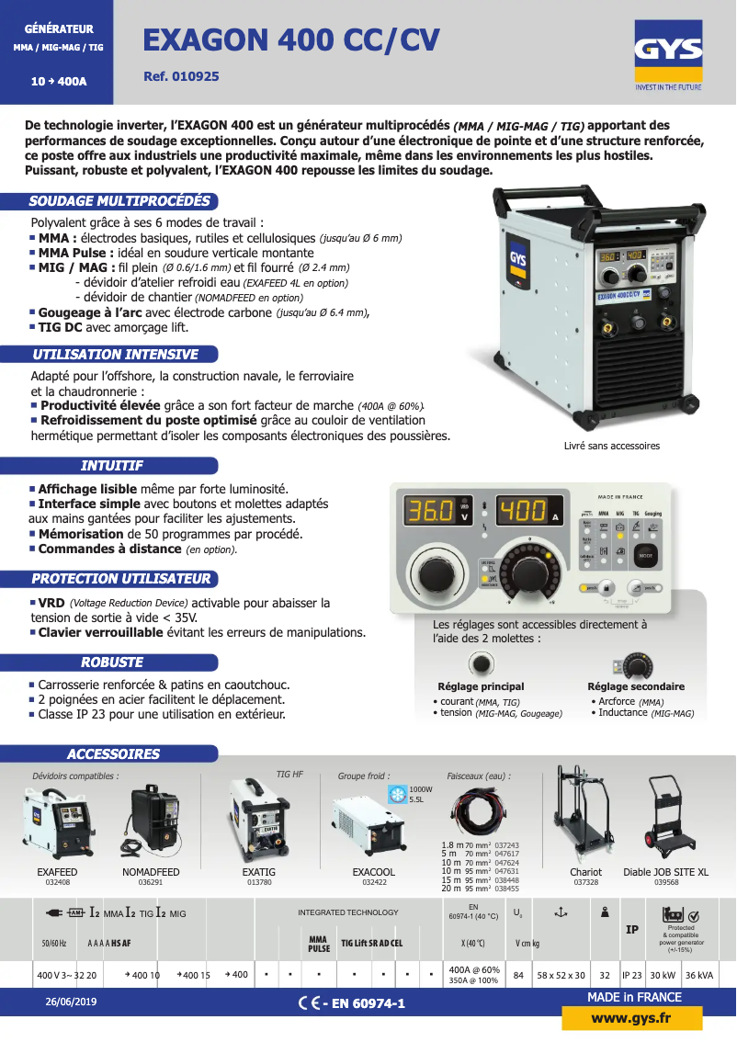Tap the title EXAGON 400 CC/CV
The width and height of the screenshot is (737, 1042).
tap(291, 40)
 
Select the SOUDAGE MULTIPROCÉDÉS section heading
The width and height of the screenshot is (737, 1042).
tap(119, 201)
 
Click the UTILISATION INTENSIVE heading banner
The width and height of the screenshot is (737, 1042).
tap(115, 354)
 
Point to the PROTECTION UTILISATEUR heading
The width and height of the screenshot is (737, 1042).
tap(120, 579)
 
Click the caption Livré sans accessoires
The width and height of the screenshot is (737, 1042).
tap(611, 446)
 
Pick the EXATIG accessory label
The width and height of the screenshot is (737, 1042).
tap(259, 872)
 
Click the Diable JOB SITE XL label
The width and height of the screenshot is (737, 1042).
tap(666, 872)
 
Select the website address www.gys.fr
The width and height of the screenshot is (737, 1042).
tap(631, 1018)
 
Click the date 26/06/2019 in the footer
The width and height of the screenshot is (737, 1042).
tap(71, 1002)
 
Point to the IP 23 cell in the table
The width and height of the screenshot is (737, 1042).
tap(632, 975)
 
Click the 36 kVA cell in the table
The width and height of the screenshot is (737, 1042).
tap(697, 975)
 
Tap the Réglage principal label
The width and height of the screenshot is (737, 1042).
tap(481, 686)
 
